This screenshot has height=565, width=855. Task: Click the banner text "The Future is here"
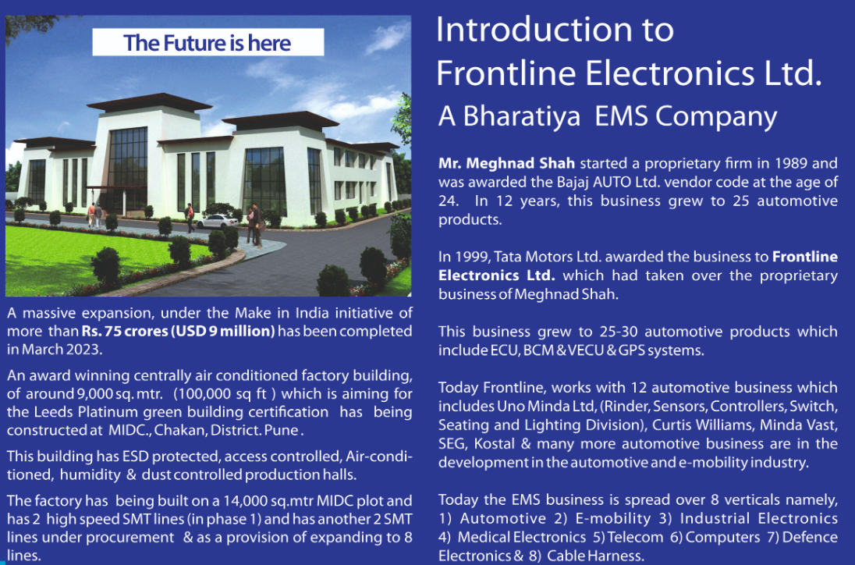(x=208, y=43)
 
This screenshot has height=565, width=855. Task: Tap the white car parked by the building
(x=217, y=221)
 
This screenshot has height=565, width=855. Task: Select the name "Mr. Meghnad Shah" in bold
(x=506, y=164)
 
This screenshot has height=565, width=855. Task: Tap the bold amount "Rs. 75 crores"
(x=125, y=331)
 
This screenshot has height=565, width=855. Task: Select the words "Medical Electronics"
(x=522, y=538)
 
